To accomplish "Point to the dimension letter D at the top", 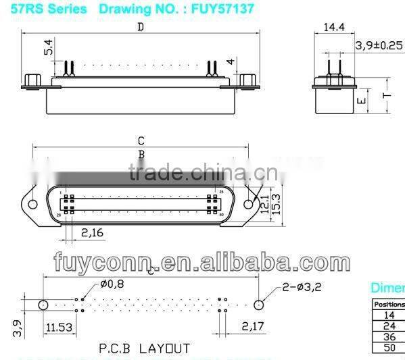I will pos(140,27).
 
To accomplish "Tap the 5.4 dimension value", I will pos(48,47).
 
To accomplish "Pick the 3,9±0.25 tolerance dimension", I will pos(379,46).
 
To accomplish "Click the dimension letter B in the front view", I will pos(141,154).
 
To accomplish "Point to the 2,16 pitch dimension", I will pos(92,232).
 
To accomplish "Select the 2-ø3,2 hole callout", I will pos(302,286).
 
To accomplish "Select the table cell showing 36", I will pos(389,335).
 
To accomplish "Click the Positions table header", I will pos(389,304).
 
